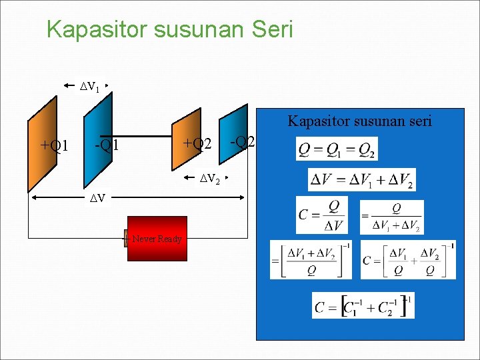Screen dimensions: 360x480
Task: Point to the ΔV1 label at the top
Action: [89, 86]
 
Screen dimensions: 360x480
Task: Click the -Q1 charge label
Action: [107, 145]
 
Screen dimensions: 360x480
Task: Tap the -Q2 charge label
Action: [242, 141]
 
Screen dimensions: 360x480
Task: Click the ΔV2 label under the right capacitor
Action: [211, 178]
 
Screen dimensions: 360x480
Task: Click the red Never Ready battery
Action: [155, 239]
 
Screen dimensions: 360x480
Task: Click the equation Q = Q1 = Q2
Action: [337, 149]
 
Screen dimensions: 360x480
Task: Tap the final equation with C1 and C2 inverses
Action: [363, 305]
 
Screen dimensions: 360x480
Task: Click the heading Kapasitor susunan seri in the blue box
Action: [359, 121]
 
